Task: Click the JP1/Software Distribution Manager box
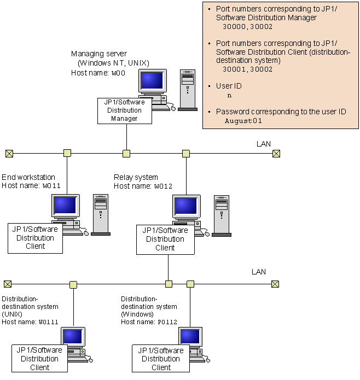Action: coord(125,110)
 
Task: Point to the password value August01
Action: coord(243,121)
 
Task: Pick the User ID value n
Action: coord(229,95)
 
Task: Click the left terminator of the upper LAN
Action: coord(8,153)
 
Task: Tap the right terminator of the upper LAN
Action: coord(276,153)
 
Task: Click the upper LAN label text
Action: coord(264,144)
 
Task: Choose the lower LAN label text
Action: coord(258,272)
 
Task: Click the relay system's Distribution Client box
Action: coord(165,239)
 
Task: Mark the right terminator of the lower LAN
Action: coord(275,284)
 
